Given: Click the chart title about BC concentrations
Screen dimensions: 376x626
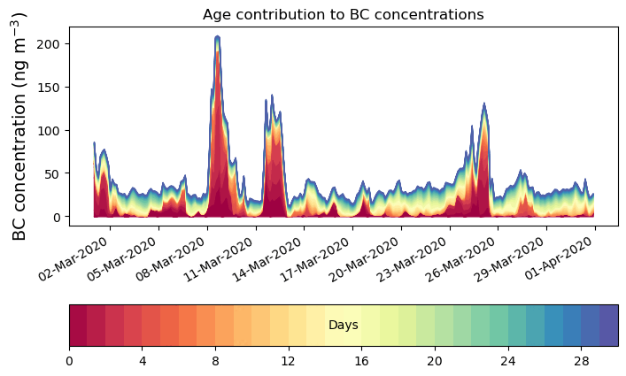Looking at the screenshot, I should tap(343, 14).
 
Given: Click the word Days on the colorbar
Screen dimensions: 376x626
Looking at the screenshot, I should tap(343, 326).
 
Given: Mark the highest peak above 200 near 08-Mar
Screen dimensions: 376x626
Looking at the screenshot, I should tap(217, 37).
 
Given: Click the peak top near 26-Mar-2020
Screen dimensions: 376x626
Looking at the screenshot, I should tap(483, 104).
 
